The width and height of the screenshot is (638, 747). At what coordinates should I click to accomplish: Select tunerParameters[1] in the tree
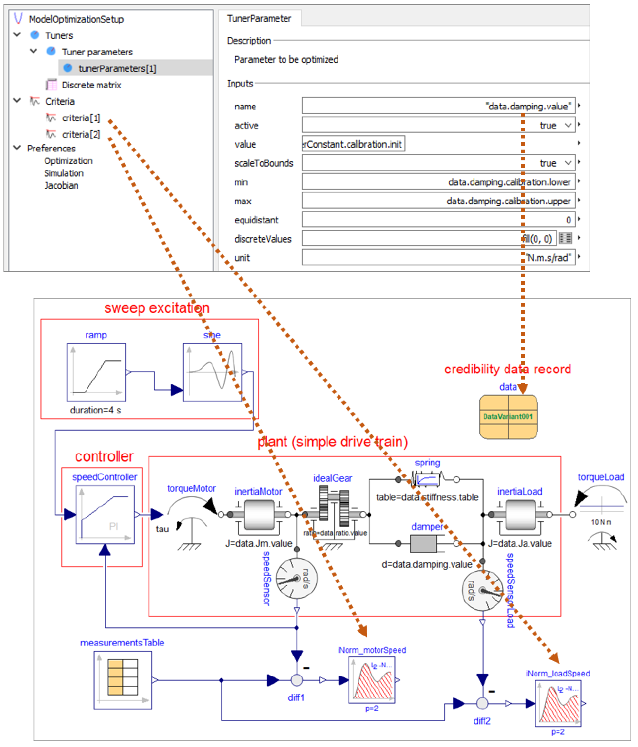point(117,69)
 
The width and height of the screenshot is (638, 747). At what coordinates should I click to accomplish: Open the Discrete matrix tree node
point(91,85)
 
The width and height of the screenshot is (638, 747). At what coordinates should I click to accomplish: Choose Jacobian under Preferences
point(61,186)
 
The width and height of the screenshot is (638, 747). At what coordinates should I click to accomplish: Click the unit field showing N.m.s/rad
point(438,258)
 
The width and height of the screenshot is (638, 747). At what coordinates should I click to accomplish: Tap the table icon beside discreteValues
point(565,238)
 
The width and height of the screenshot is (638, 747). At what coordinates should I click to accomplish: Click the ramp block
point(96,373)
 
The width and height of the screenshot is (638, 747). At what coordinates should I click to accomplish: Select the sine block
point(212,373)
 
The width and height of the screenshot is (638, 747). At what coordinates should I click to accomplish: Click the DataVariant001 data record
point(508,417)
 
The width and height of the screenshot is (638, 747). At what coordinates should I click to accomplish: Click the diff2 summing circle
point(482,703)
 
